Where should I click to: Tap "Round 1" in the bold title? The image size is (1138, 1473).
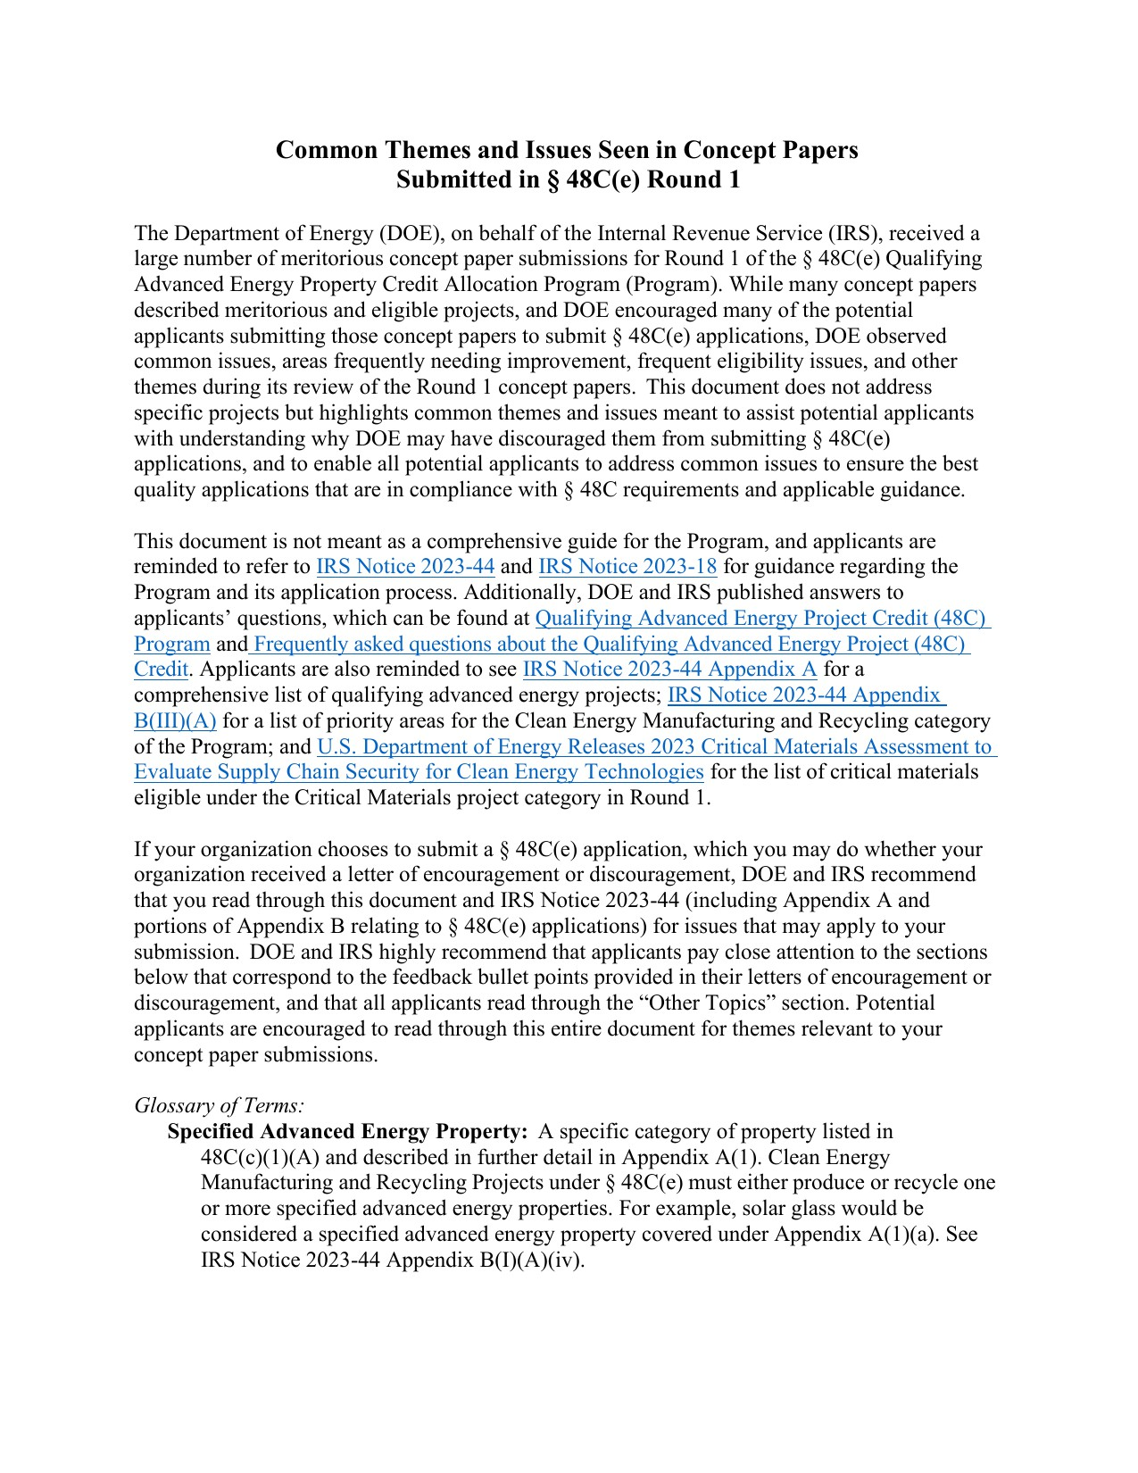(x=694, y=180)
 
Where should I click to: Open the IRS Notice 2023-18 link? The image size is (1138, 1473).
(x=627, y=567)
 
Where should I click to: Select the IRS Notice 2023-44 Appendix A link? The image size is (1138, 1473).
(x=669, y=670)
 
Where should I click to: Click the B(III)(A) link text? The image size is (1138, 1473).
(x=175, y=721)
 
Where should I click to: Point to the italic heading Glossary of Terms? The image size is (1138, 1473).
(x=219, y=1106)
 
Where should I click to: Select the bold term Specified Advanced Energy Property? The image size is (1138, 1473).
(x=348, y=1132)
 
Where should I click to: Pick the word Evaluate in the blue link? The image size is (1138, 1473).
(x=173, y=772)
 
